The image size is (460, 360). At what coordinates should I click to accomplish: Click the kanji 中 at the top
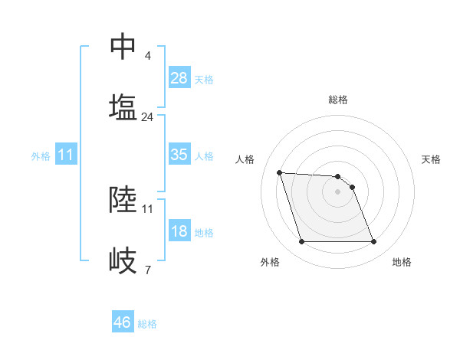[x=123, y=47]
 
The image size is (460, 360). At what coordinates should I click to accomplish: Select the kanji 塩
[x=123, y=107]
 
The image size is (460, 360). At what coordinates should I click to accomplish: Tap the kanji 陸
[x=123, y=199]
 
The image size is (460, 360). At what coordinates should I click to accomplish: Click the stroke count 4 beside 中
[x=147, y=56]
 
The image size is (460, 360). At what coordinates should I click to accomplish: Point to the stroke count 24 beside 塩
[x=148, y=117]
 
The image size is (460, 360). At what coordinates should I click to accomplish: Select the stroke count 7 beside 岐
[x=147, y=270]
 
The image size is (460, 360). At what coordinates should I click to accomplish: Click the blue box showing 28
[x=179, y=78]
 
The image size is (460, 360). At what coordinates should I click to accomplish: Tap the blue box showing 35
[x=179, y=155]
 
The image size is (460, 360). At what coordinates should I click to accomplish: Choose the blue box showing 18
[x=179, y=231]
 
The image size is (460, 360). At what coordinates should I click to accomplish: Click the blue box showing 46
[x=123, y=322]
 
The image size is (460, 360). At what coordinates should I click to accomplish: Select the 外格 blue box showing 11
[x=66, y=155]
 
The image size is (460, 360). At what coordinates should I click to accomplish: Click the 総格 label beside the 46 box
[x=147, y=324]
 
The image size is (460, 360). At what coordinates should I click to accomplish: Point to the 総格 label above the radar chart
[x=337, y=100]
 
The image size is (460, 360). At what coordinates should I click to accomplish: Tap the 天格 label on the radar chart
[x=431, y=159]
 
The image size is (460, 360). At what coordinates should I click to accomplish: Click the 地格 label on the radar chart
[x=402, y=262]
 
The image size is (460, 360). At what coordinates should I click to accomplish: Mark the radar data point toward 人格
[x=280, y=172]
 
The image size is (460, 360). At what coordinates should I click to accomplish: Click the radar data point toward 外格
[x=301, y=242]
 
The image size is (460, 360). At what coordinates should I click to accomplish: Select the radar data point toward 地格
[x=373, y=242]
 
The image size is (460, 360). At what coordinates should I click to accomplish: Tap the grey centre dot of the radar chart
[x=337, y=191]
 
